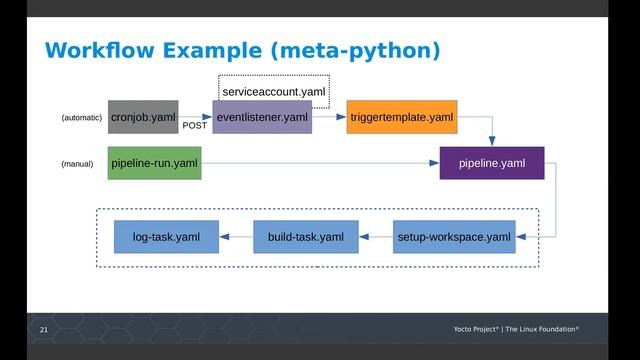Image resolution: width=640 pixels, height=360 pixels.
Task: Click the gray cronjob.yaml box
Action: pyautogui.click(x=144, y=117)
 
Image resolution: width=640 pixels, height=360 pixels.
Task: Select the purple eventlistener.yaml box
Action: pyautogui.click(x=262, y=117)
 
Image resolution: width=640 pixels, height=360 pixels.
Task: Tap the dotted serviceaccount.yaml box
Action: pyautogui.click(x=274, y=91)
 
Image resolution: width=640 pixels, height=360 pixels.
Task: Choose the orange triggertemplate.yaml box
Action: pyautogui.click(x=401, y=117)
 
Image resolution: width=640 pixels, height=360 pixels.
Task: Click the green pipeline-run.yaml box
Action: pyautogui.click(x=155, y=162)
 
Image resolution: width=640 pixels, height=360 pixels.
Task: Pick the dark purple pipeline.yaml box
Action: pyautogui.click(x=492, y=162)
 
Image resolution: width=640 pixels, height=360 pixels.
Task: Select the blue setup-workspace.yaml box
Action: pyautogui.click(x=454, y=237)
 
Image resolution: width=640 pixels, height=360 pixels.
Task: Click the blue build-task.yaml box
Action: pyautogui.click(x=306, y=237)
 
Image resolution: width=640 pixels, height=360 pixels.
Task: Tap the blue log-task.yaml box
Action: pyautogui.click(x=166, y=237)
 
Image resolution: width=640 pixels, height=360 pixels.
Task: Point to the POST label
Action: pyautogui.click(x=195, y=126)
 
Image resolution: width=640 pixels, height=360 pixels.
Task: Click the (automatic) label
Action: pyautogui.click(x=82, y=118)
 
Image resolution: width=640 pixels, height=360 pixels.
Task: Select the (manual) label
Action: pyautogui.click(x=78, y=163)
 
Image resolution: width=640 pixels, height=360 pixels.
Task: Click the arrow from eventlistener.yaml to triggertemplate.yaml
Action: pyautogui.click(x=329, y=117)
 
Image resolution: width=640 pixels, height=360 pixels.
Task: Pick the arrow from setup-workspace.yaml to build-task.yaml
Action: pyautogui.click(x=376, y=237)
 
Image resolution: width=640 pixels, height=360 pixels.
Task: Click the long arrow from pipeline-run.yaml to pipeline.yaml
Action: pyautogui.click(x=320, y=162)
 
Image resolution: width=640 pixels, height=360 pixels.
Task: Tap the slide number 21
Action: pyautogui.click(x=43, y=329)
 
